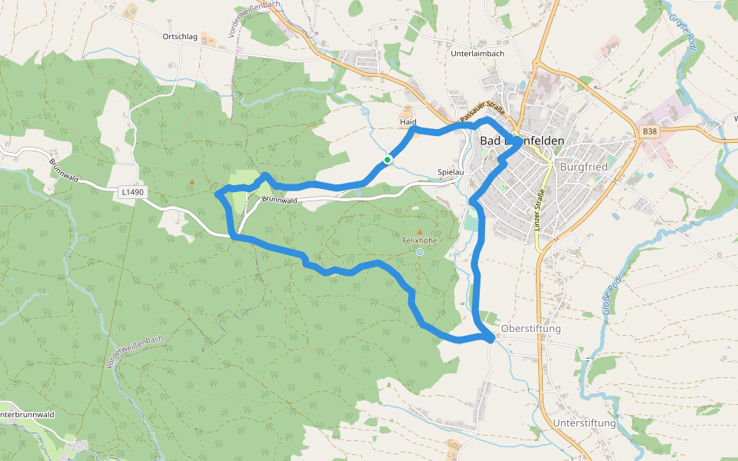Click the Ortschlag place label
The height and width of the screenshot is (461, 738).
[180, 37]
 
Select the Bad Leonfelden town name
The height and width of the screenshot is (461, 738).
[521, 141]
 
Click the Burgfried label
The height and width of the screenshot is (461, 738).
[584, 166]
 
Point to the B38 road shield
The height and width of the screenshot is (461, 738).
[650, 132]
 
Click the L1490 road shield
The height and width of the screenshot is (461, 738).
[132, 192]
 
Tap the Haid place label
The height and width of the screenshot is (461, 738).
[408, 122]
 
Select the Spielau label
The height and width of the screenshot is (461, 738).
[450, 172]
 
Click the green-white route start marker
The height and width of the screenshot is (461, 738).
[388, 159]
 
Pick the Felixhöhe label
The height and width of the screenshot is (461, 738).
[419, 240]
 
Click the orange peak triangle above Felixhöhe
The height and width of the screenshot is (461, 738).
[419, 231]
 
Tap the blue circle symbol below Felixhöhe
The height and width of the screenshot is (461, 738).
[419, 251]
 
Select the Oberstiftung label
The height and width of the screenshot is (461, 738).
[531, 329]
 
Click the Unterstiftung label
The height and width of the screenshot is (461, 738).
[584, 423]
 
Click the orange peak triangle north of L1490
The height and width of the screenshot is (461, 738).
[191, 181]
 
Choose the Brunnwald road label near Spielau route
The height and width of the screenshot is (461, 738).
[279, 200]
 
